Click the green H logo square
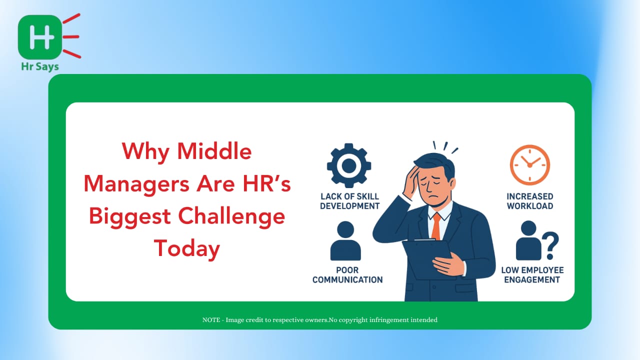coord(39,37)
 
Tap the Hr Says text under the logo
coord(40,67)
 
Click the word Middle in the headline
coord(214,151)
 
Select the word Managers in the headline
coord(136,184)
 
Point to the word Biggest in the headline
coord(130,216)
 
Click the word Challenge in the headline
coord(231,216)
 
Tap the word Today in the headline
coord(187,249)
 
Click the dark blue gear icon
coord(349,165)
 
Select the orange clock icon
coord(530,165)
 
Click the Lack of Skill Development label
coord(349,201)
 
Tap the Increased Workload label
coord(530,201)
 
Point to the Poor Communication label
coord(347,275)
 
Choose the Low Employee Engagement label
coord(532,275)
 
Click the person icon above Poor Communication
coord(345,240)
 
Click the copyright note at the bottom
coord(319,319)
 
